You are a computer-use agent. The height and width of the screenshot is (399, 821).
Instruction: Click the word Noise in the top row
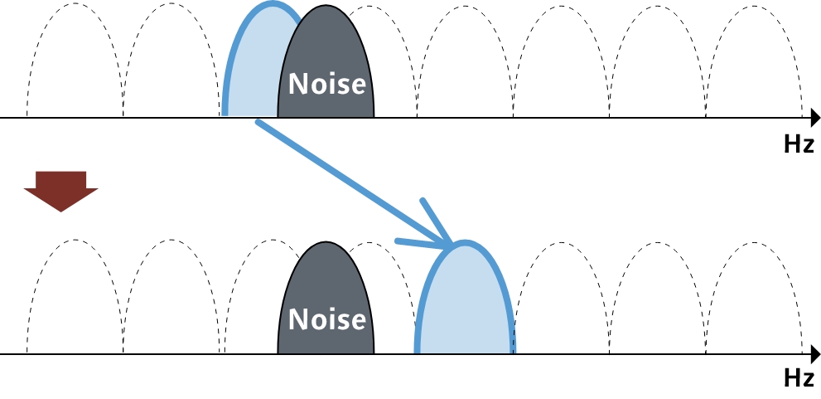(326, 84)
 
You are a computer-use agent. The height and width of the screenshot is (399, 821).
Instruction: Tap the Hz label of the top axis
(798, 144)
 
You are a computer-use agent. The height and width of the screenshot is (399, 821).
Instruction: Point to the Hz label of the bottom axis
(798, 379)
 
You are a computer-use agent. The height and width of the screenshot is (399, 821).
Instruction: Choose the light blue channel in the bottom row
(465, 307)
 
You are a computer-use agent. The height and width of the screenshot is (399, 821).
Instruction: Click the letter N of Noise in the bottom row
(295, 320)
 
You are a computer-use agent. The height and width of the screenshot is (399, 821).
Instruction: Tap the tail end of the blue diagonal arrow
(259, 123)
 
